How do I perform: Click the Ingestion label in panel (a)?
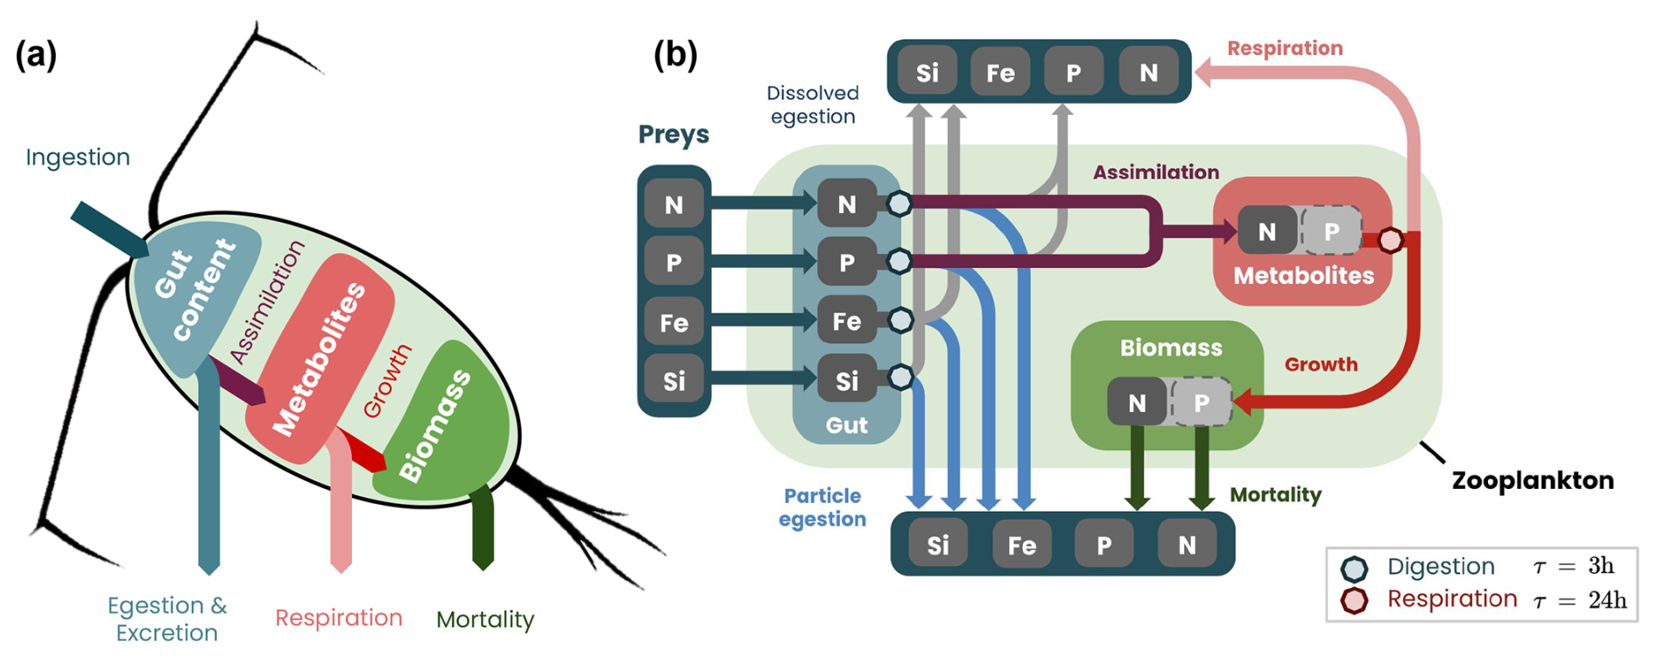click(78, 157)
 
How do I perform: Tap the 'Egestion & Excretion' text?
click(166, 619)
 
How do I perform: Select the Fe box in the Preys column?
click(673, 322)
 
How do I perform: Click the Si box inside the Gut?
click(846, 380)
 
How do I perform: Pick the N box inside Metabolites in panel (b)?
click(1266, 231)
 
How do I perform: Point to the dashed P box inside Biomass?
click(1202, 403)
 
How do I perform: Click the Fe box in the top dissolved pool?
click(1000, 72)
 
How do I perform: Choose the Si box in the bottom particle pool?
click(937, 545)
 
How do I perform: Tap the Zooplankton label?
click(1533, 480)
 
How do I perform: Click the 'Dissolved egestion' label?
click(813, 104)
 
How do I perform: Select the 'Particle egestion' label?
click(822, 507)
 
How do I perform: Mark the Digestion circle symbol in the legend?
click(1354, 569)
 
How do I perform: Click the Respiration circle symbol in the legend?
click(1354, 601)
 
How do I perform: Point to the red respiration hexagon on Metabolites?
click(1390, 239)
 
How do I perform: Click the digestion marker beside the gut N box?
click(899, 204)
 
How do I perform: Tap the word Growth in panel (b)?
click(1321, 364)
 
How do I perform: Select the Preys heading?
click(673, 134)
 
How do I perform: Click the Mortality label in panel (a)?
click(485, 619)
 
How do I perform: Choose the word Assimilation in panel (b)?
click(1155, 173)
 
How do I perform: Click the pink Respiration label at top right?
click(1285, 48)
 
